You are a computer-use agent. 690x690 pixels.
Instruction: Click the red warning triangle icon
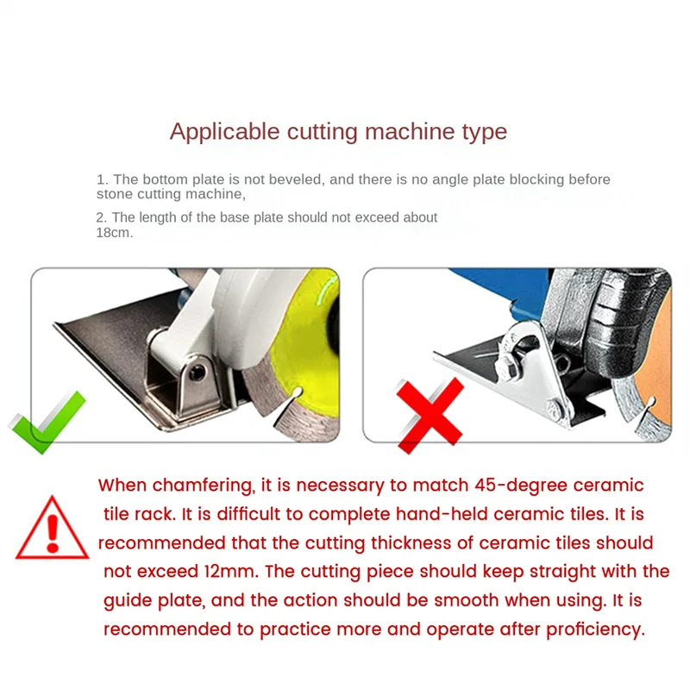click(52, 529)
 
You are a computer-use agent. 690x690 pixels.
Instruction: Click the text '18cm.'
click(115, 232)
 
